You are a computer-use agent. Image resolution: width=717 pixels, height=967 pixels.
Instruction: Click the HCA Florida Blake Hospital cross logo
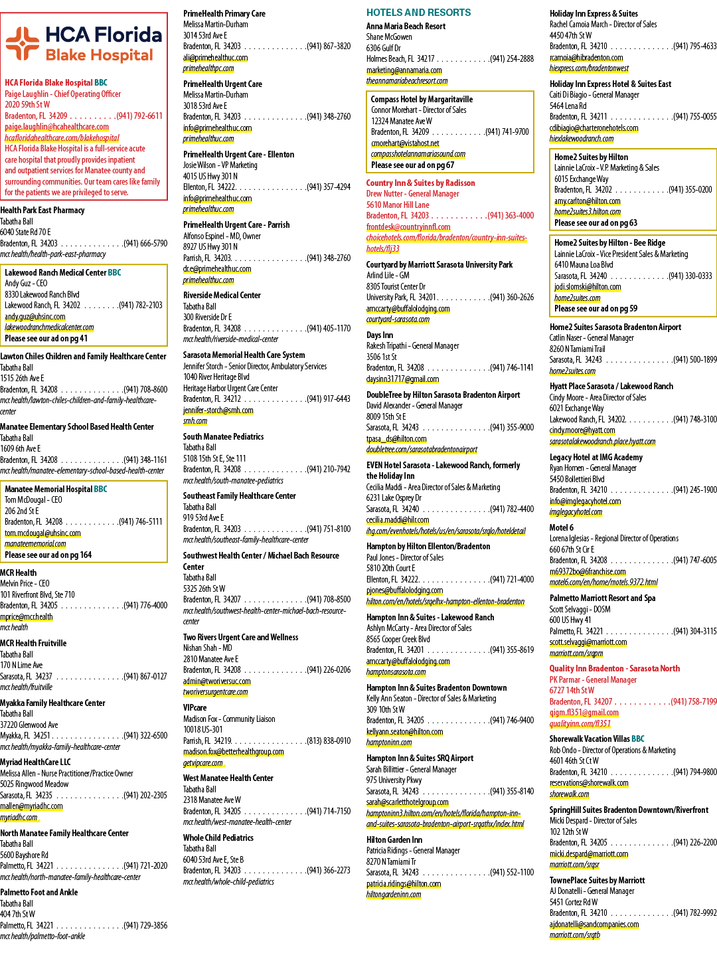23,44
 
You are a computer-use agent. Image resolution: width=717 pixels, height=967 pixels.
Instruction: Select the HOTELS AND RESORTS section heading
418,13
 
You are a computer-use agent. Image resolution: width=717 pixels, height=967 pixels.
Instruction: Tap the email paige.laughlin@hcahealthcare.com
56,127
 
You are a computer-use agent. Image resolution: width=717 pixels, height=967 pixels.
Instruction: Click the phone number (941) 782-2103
140,306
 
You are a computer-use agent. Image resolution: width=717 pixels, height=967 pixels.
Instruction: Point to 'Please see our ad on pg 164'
48,555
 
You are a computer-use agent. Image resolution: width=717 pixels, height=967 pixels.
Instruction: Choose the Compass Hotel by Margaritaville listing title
422,100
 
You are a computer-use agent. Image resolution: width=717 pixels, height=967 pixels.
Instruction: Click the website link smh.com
195,421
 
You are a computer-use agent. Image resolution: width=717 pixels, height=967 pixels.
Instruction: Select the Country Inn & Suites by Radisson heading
421,183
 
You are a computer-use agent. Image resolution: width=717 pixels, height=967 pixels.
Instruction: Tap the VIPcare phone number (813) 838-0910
328,741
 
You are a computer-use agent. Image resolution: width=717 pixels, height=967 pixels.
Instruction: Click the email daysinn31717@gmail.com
403,379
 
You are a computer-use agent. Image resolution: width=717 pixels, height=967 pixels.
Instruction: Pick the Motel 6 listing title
562,527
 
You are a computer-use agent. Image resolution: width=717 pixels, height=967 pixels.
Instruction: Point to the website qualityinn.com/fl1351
580,724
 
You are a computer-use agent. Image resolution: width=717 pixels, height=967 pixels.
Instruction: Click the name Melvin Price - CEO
25,583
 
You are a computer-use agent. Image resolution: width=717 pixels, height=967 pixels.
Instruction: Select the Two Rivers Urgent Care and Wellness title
240,638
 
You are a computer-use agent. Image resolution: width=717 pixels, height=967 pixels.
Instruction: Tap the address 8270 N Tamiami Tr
391,861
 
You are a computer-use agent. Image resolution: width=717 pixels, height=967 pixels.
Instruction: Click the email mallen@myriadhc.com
31,806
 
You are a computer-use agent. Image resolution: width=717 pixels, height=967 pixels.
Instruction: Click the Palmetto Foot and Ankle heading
39,893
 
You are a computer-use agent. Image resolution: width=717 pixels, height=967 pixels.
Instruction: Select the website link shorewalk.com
569,794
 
